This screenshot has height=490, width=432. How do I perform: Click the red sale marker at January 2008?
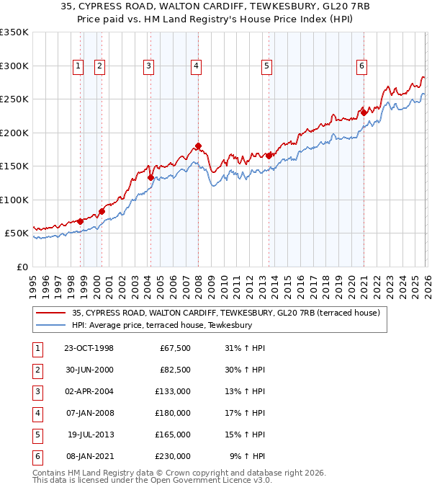pos(198,146)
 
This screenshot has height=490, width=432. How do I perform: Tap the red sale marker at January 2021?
pos(364,112)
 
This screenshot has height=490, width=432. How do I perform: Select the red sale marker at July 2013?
pos(269,156)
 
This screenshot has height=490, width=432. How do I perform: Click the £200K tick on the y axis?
pos(14,133)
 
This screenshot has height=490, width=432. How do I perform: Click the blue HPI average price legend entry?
pos(161,326)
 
